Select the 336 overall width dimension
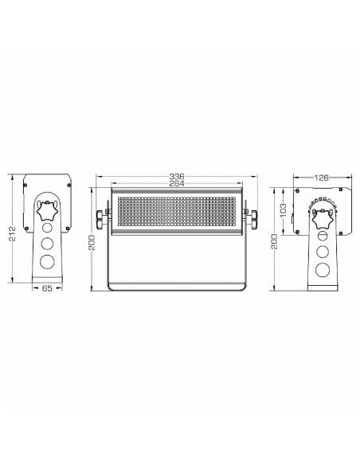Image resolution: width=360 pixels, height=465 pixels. point(177,177)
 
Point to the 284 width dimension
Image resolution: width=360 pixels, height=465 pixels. point(177,185)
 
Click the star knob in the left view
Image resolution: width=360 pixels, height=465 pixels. point(48,213)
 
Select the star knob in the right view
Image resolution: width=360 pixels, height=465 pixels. point(323,217)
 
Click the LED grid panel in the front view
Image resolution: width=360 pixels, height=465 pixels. point(177,213)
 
